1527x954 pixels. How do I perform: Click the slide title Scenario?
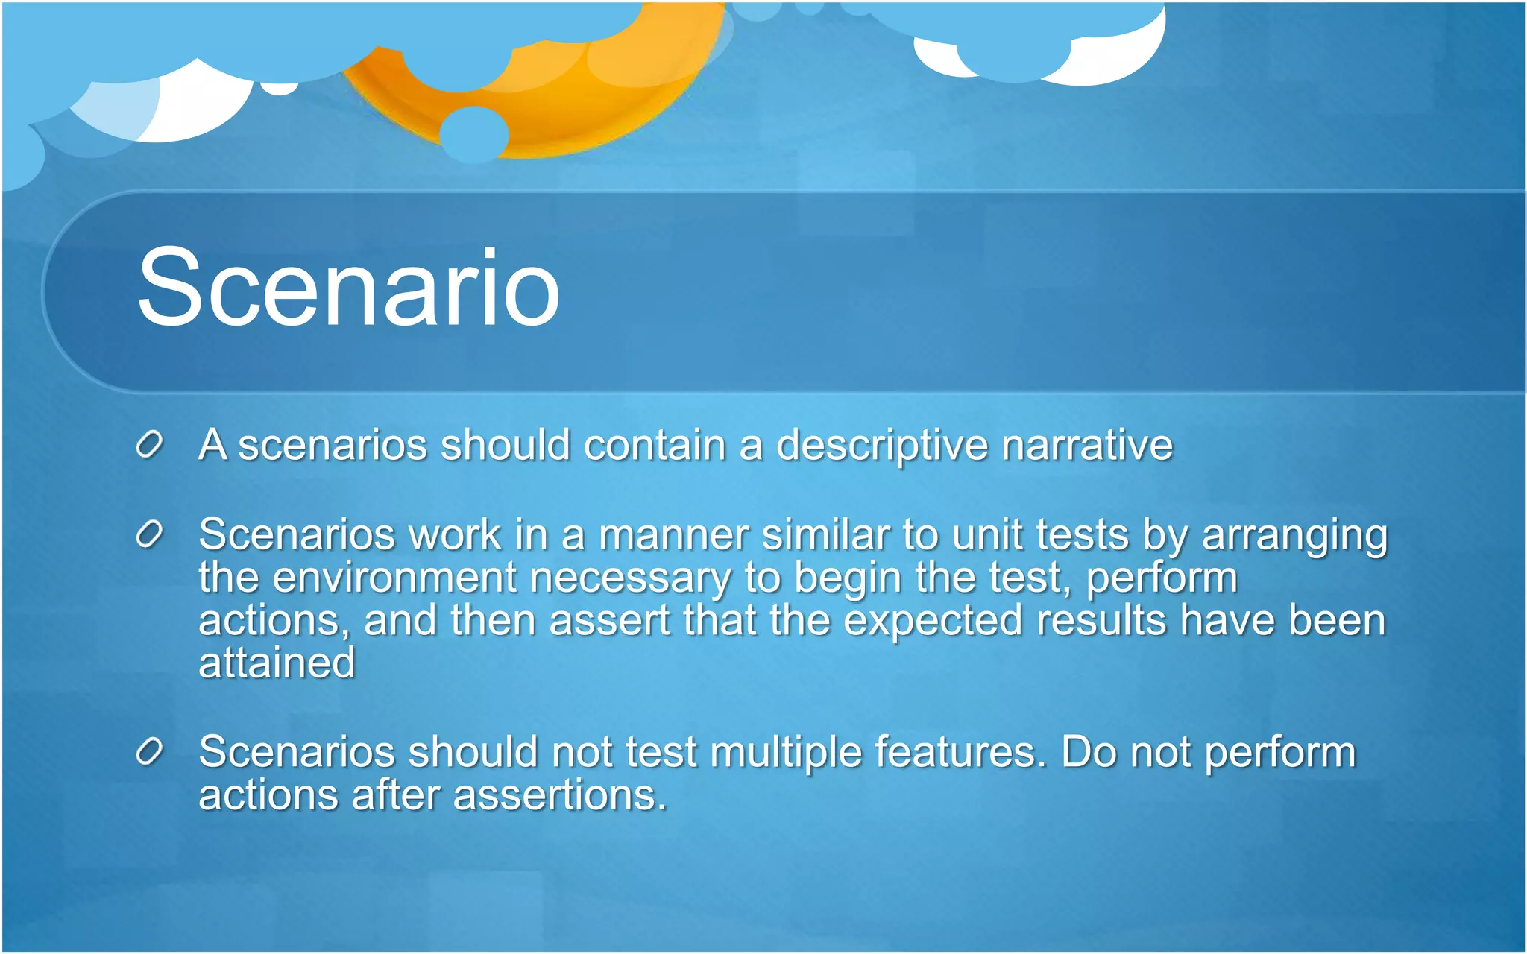[x=348, y=288]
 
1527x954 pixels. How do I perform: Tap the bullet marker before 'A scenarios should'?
[x=149, y=445]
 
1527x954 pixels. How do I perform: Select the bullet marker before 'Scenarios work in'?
[x=149, y=534]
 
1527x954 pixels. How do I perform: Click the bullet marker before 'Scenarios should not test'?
[x=149, y=752]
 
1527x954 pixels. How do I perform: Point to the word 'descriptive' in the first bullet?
[x=881, y=446]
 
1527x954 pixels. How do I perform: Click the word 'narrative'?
[x=1087, y=445]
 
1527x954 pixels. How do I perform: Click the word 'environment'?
[x=394, y=578]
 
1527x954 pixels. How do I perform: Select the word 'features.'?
[x=960, y=751]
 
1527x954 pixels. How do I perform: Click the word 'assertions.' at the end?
[x=559, y=795]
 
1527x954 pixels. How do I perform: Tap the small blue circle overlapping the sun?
[x=473, y=135]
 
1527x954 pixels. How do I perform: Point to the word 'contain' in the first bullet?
[x=655, y=445]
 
